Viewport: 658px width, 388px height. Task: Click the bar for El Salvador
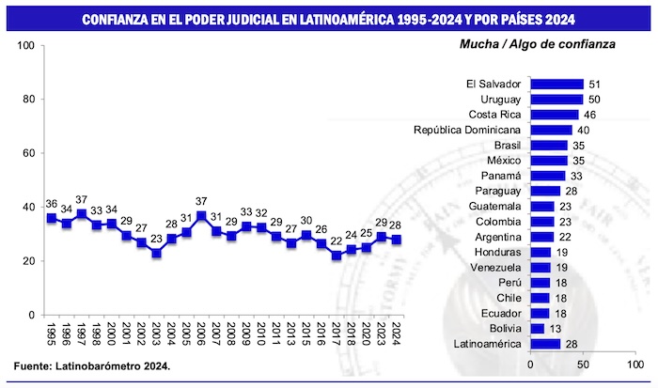pyautogui.click(x=556, y=84)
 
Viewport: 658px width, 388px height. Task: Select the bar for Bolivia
pyautogui.click(x=538, y=328)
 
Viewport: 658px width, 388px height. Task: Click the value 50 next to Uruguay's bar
pyautogui.click(x=595, y=99)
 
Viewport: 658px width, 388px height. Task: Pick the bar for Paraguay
pyautogui.click(x=545, y=191)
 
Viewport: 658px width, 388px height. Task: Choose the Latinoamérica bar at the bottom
pyautogui.click(x=545, y=343)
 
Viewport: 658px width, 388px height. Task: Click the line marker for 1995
pyautogui.click(x=52, y=218)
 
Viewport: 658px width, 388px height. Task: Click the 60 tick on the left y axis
pyautogui.click(x=29, y=153)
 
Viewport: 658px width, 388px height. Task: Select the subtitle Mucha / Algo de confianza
pyautogui.click(x=537, y=44)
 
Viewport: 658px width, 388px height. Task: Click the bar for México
pyautogui.click(x=549, y=160)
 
